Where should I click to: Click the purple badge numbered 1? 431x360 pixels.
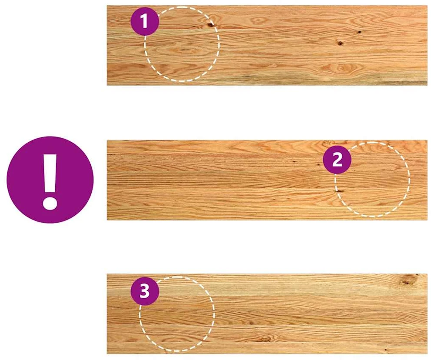pyautogui.click(x=145, y=21)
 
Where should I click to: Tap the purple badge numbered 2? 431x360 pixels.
pyautogui.click(x=337, y=159)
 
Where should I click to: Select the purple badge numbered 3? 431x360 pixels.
pyautogui.click(x=145, y=291)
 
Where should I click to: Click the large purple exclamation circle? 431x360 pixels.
pyautogui.click(x=50, y=180)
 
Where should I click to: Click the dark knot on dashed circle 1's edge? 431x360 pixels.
pyautogui.click(x=211, y=25)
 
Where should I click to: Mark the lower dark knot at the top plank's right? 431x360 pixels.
pyautogui.click(x=340, y=43)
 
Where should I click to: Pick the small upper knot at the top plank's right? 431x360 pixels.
pyautogui.click(x=359, y=32)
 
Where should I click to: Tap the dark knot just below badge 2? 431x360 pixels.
pyautogui.click(x=339, y=191)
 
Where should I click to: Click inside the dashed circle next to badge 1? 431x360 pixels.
pyautogui.click(x=182, y=44)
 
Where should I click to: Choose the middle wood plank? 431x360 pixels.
pyautogui.click(x=267, y=180)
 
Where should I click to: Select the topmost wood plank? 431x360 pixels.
pyautogui.click(x=267, y=45)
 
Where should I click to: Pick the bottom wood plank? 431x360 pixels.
pyautogui.click(x=267, y=314)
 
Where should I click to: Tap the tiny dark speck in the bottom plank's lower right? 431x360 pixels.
pyautogui.click(x=385, y=350)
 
